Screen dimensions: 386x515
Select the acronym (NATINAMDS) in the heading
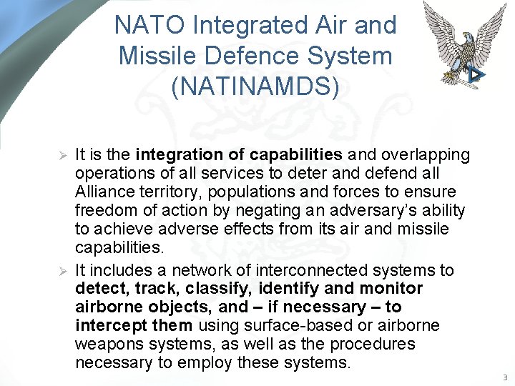click(x=255, y=85)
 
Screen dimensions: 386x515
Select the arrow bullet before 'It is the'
click(x=62, y=155)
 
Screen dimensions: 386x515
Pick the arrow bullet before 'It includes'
click(x=62, y=270)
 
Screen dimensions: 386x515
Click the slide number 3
click(x=504, y=377)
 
